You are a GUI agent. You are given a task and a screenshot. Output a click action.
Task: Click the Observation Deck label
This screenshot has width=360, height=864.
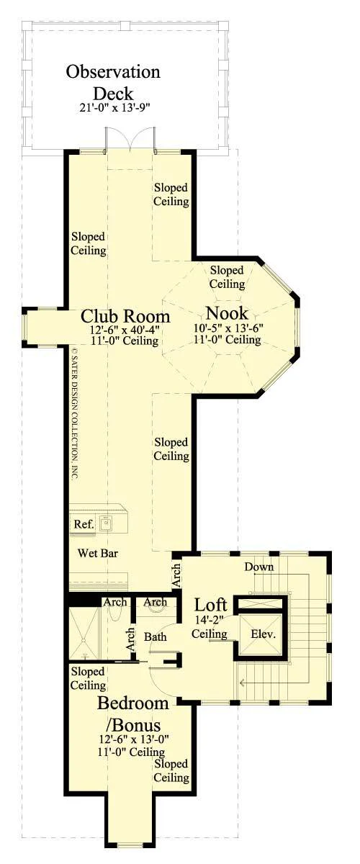(112, 83)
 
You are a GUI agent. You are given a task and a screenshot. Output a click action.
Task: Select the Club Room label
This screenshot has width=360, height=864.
(125, 316)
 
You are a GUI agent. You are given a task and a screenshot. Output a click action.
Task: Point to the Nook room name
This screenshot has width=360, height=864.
(227, 313)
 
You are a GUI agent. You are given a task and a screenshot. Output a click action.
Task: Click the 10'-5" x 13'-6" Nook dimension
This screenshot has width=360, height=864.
(228, 328)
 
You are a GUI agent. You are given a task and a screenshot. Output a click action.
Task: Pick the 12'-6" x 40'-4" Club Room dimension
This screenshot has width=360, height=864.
(125, 330)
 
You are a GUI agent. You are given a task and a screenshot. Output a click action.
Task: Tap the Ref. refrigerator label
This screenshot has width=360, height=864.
(84, 524)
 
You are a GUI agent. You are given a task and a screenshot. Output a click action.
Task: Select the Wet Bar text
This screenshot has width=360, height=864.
(98, 553)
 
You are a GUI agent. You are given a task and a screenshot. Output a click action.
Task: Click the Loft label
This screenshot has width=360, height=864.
(210, 606)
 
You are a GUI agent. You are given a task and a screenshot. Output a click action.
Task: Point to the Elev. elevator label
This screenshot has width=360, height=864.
(263, 634)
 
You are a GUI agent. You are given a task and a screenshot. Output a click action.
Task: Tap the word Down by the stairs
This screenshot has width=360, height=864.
(259, 567)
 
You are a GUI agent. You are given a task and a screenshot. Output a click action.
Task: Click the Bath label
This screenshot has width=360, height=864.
(155, 636)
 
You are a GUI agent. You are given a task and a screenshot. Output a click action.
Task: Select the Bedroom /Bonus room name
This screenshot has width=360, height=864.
(132, 714)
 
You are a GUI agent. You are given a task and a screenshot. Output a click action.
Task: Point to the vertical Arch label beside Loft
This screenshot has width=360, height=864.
(176, 575)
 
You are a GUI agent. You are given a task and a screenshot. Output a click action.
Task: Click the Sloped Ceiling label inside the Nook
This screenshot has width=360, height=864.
(227, 277)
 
